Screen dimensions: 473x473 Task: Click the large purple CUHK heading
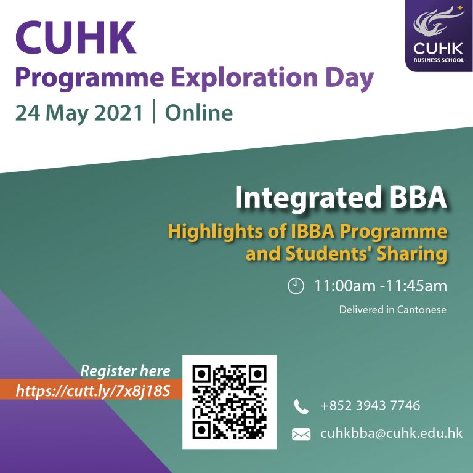click(76, 38)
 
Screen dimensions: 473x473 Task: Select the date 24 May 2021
click(79, 113)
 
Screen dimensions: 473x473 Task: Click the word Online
click(199, 113)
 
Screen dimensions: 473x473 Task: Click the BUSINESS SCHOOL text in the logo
click(439, 60)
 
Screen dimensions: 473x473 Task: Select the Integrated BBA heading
click(341, 198)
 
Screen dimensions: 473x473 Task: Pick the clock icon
click(296, 286)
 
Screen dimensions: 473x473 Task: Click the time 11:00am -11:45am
click(381, 286)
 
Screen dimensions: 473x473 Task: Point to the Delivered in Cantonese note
click(392, 310)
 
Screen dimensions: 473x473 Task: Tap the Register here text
click(125, 371)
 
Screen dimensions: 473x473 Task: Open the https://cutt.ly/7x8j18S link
click(93, 390)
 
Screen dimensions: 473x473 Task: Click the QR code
click(229, 402)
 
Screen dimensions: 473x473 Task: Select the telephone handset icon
click(301, 406)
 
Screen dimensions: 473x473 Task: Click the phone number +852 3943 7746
click(370, 405)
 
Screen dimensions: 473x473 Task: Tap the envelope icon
click(301, 434)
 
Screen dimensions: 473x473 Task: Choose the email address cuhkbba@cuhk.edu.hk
click(391, 433)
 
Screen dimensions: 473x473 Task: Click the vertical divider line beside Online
click(154, 111)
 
